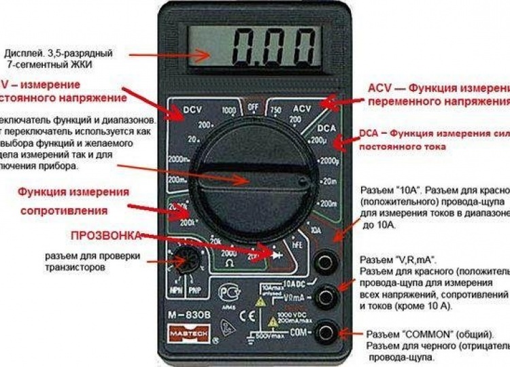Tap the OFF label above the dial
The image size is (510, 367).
tap(254, 107)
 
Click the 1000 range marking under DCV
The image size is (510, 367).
tap(228, 110)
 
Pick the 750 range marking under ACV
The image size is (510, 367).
tap(276, 110)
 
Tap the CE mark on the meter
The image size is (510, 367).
tap(248, 315)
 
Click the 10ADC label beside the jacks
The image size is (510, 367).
tap(293, 283)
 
